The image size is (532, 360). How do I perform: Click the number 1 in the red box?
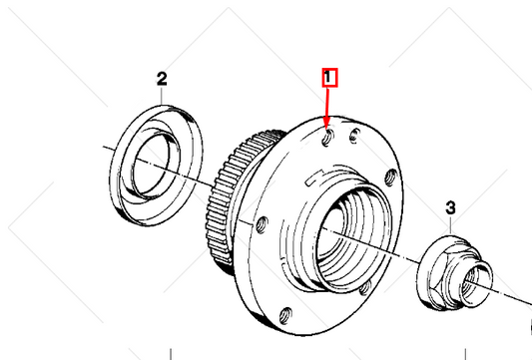click(x=329, y=77)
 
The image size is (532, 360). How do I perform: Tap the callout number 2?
click(x=162, y=78)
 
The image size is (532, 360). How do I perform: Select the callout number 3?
click(x=450, y=207)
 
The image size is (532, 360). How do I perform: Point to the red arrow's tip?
click(x=328, y=129)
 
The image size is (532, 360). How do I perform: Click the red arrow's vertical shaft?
click(x=329, y=105)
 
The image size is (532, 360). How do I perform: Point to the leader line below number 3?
click(x=449, y=223)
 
